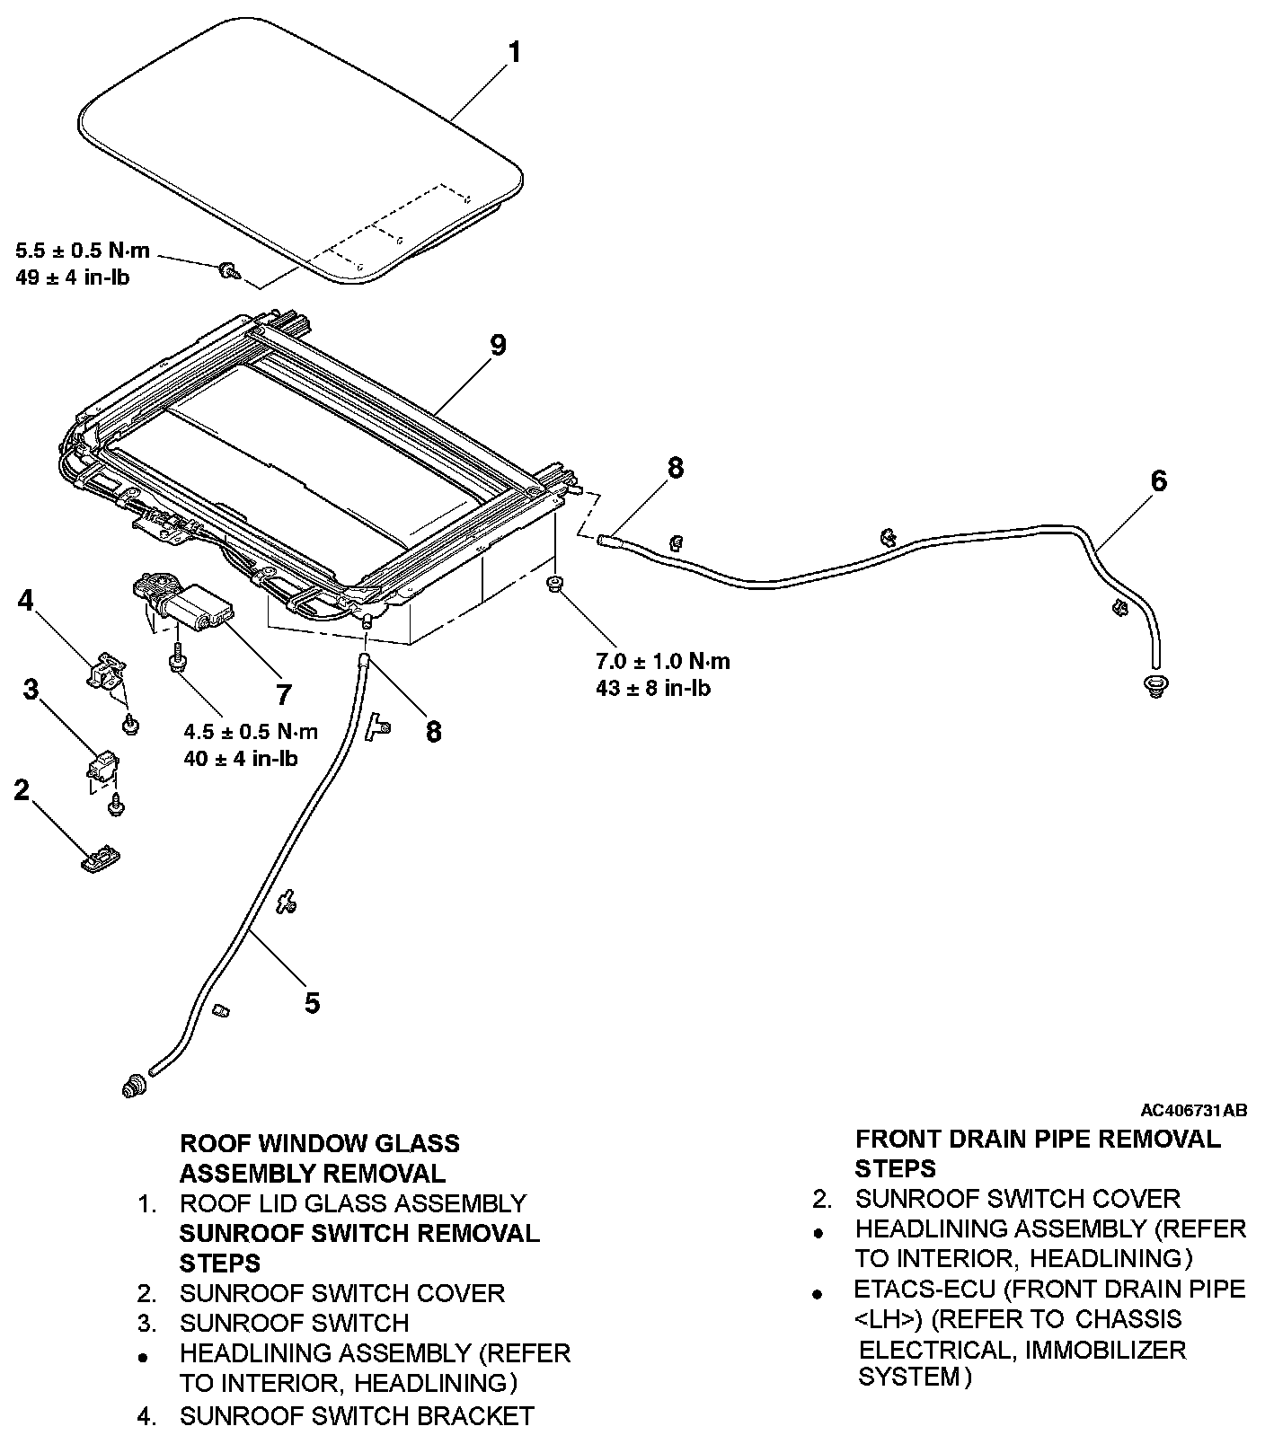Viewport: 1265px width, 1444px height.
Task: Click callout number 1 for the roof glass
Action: (x=514, y=54)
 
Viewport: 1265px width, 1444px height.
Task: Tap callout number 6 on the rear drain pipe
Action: (x=1159, y=481)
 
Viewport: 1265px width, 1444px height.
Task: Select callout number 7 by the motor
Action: (x=284, y=694)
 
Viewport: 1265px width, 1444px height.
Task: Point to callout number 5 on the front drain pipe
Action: (x=312, y=1002)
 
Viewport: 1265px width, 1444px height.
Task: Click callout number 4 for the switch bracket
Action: (x=26, y=600)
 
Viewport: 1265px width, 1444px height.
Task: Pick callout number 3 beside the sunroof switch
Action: (x=31, y=690)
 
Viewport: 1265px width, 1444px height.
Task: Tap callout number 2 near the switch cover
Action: (x=21, y=790)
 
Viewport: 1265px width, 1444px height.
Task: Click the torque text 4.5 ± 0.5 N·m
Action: (x=251, y=730)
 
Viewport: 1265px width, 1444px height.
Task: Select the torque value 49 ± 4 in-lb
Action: (x=73, y=277)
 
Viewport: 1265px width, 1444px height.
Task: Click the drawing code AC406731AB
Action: (x=1194, y=1111)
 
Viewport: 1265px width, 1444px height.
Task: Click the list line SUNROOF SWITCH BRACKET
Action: (x=357, y=1416)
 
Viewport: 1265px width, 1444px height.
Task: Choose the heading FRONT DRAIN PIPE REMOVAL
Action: (x=1038, y=1140)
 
